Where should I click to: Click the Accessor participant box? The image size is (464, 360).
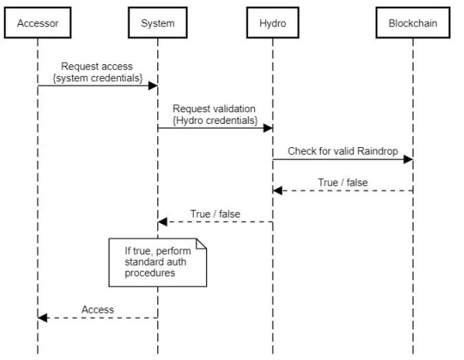point(38,22)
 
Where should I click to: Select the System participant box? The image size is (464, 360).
point(158,22)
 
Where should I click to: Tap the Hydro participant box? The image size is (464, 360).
point(273,22)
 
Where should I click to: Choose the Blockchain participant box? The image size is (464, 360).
point(413,22)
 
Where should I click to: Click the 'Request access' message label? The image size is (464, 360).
point(97,67)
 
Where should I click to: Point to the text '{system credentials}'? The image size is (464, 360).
point(98,78)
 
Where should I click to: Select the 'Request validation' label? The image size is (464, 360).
point(214,108)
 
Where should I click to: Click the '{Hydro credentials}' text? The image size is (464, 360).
point(215,121)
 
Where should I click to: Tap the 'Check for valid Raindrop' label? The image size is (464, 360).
point(342,151)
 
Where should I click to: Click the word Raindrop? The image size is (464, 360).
point(377,151)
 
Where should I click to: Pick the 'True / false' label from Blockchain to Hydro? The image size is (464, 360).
point(342,183)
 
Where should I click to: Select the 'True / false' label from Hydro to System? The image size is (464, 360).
point(215,214)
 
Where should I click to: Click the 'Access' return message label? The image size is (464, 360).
point(98,310)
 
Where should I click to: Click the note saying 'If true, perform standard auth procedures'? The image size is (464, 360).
point(158,262)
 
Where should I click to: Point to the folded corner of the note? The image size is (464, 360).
point(201,244)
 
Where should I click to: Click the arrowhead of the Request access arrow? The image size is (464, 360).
point(153,86)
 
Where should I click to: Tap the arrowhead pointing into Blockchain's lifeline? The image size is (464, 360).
point(408,159)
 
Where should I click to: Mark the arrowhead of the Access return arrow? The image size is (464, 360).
point(43,318)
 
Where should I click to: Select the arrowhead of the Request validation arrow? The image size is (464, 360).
point(268,128)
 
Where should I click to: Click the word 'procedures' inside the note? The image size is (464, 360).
point(150,273)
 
